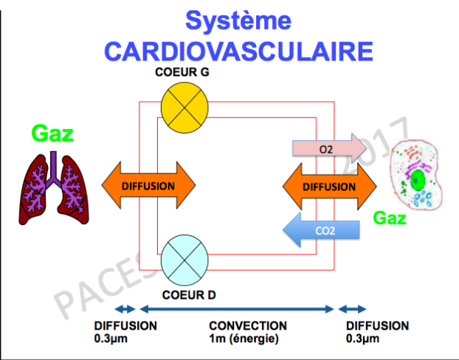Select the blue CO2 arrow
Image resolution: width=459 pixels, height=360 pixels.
321,230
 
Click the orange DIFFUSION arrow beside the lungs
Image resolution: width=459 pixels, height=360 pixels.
148,186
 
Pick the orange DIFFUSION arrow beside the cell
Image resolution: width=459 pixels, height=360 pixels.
328,187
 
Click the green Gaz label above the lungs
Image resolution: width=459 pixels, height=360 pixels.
53,134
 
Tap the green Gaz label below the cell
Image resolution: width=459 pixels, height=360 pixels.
390,218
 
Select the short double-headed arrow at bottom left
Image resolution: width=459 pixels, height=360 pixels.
125,309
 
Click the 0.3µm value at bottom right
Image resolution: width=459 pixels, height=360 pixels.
363,339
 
